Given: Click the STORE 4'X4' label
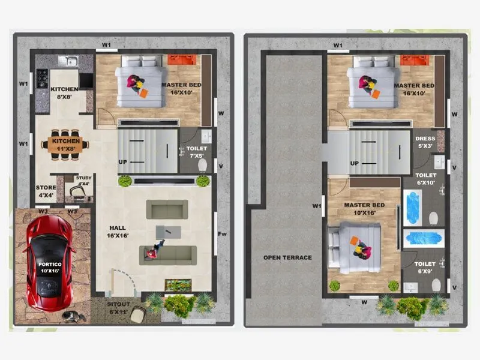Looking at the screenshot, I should (x=45, y=191).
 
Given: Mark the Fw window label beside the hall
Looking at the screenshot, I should (x=221, y=234).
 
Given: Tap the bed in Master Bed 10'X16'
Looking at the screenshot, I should (x=356, y=246).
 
